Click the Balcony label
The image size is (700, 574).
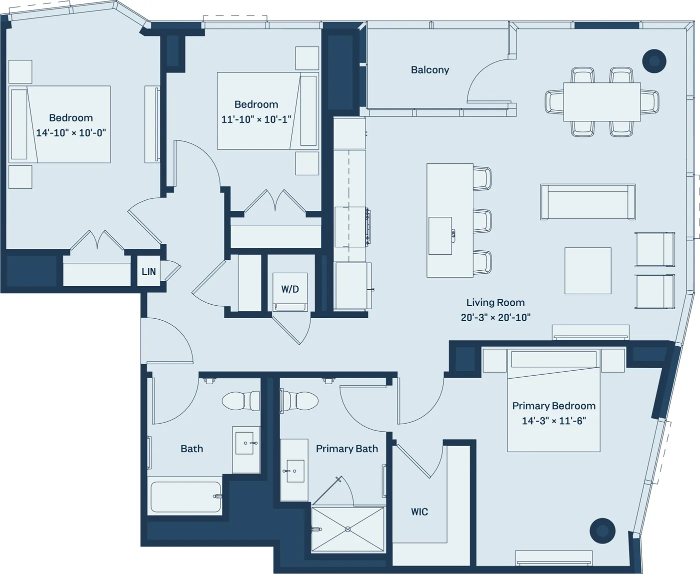[x=429, y=70]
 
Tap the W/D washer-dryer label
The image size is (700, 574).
[x=289, y=289]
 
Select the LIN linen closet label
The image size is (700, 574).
[x=148, y=272]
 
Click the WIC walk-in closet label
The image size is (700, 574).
[x=419, y=512]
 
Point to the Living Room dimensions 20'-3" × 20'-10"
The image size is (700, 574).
[x=495, y=317]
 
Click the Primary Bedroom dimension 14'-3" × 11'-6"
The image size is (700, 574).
[x=553, y=421]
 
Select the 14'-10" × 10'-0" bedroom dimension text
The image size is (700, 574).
[x=70, y=133]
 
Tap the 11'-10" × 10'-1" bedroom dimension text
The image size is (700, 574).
[x=256, y=119]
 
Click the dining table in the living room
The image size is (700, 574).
[x=601, y=102]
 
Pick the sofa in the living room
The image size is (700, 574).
[x=587, y=202]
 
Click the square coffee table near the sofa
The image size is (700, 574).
[x=587, y=270]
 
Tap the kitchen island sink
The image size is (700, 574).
[x=440, y=235]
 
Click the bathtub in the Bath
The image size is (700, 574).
[x=185, y=497]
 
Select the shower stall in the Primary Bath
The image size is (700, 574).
[x=348, y=529]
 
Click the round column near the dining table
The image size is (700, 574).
[x=653, y=61]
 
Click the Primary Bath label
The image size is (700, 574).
[x=346, y=449]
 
